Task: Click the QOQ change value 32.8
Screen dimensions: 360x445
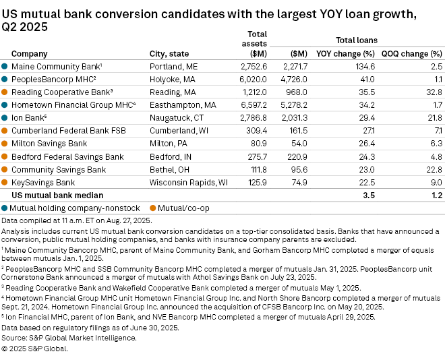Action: [431, 92]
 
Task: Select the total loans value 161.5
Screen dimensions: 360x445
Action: [297, 131]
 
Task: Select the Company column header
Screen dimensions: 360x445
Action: [30, 54]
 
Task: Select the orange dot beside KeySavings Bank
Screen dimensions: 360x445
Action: [5, 182]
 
